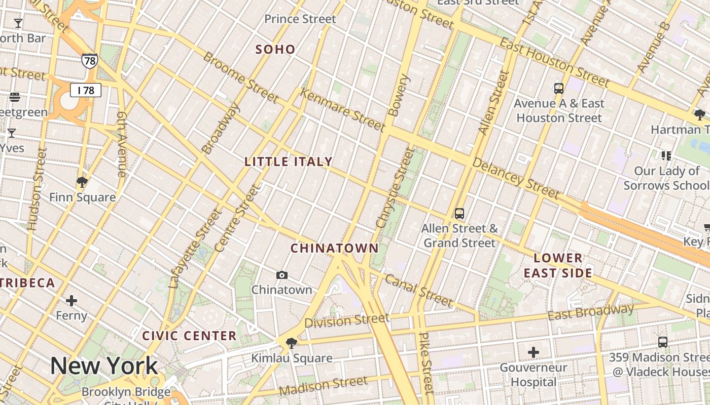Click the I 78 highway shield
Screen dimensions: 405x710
pos(86,90)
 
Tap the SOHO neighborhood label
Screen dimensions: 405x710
pos(275,49)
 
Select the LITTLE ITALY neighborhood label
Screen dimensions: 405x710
pos(289,161)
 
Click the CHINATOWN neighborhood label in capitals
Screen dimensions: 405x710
pos(335,248)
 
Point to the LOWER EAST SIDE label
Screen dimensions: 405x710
pos(558,265)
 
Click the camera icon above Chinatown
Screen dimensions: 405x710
pos(282,275)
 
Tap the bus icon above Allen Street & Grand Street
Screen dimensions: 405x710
pos(459,214)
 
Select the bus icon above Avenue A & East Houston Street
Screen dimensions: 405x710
pos(559,89)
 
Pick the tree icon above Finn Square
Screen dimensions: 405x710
pos(82,182)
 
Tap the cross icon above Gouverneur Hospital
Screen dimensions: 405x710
pos(534,352)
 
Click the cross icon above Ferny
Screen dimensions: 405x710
pos(72,301)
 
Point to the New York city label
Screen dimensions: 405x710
pos(104,366)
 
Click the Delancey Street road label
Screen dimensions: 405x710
pos(516,178)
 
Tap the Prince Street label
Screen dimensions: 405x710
pos(300,19)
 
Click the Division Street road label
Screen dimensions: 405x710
pos(347,320)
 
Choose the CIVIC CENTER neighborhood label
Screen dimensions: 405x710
pos(189,336)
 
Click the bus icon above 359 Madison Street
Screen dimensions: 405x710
pos(662,342)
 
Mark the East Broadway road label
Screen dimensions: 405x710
pos(591,312)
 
